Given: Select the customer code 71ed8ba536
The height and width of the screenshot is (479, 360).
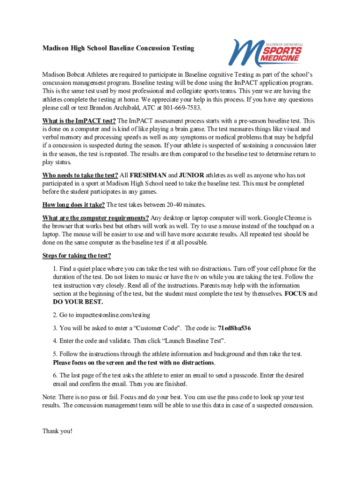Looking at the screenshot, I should (x=234, y=328).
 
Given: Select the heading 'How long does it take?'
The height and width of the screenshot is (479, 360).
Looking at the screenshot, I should (x=73, y=205).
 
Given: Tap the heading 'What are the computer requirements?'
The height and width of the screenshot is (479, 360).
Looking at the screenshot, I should (x=96, y=218).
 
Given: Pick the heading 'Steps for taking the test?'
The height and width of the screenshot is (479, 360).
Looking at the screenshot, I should (x=77, y=255).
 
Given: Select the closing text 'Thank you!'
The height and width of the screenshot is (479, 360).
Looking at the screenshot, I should (x=58, y=431).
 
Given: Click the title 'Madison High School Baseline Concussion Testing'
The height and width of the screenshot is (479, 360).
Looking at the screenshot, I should (x=118, y=48).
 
